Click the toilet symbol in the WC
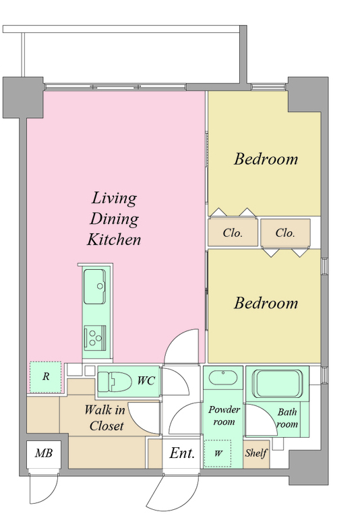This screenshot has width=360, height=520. point(115,382)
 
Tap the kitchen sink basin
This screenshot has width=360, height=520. point(94,287)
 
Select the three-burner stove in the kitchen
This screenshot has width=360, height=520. point(95,339)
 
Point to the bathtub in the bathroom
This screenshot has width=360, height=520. point(278,383)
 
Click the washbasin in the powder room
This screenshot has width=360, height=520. point(222,378)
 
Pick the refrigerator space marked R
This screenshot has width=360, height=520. point(46,377)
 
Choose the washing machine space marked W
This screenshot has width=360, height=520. point(218,453)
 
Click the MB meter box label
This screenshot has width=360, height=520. point(44,453)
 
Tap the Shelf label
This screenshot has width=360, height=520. point(256,453)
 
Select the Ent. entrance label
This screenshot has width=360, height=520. point(182,453)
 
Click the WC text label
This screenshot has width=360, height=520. point(146,380)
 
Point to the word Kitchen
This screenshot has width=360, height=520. point(114,239)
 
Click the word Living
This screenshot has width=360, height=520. point(114,199)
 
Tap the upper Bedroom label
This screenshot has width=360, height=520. point(266,159)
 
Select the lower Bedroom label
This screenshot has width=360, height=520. point(266,303)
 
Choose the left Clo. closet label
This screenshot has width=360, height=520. point(233,233)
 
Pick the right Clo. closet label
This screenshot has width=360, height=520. point(285,233)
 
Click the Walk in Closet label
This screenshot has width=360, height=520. point(105,418)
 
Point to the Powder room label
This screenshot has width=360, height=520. point(224,415)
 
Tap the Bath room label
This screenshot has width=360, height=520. point(287,418)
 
